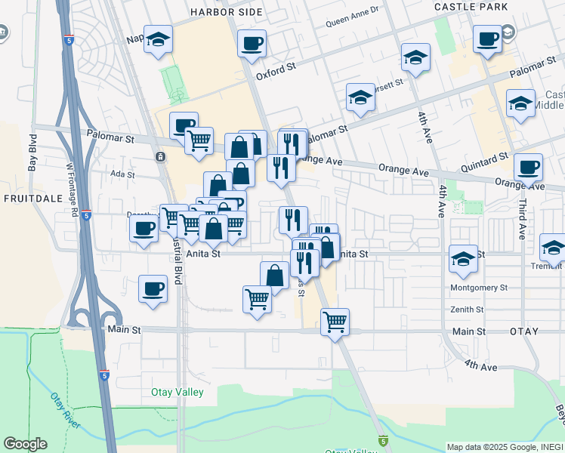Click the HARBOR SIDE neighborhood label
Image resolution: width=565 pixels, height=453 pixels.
click(x=227, y=12)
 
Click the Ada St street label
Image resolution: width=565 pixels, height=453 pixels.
click(x=122, y=174)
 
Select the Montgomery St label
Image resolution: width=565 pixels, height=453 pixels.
click(x=478, y=288)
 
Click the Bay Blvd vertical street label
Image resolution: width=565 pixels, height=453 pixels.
click(x=32, y=153)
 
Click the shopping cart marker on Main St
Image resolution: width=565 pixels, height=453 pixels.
click(x=335, y=321)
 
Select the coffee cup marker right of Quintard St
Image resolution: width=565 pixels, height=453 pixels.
click(x=528, y=167)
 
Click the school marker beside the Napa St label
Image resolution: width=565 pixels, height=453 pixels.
click(x=159, y=40)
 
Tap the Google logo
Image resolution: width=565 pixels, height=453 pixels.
click(x=25, y=444)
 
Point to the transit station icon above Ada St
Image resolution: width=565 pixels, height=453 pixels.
click(x=160, y=156)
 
